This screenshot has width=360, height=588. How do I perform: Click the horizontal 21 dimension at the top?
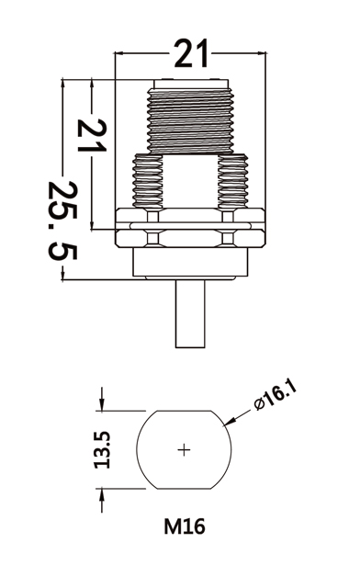tap(191, 53)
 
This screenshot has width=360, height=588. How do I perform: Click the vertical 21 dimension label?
tap(92, 135)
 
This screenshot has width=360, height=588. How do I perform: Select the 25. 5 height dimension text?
tap(63, 220)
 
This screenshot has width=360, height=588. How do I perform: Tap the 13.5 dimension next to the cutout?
tap(102, 449)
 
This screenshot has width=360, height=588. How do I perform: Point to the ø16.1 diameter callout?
tap(276, 394)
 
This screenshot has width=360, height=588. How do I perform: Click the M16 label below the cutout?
tap(185, 526)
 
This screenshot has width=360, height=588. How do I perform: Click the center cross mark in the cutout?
tap(184, 449)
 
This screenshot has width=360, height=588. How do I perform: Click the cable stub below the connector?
tap(190, 313)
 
